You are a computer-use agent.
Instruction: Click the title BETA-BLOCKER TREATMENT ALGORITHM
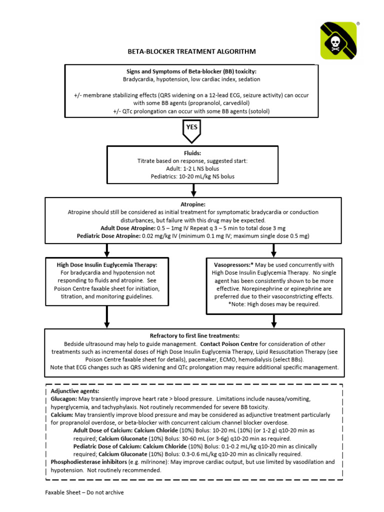[x=191, y=51]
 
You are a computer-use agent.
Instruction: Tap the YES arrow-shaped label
[x=192, y=128]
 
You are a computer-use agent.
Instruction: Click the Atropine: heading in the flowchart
[x=191, y=204]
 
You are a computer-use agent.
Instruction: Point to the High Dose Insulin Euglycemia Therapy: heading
[x=107, y=264]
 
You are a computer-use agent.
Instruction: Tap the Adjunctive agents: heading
[x=75, y=391]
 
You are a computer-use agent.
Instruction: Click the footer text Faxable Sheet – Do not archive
[x=84, y=492]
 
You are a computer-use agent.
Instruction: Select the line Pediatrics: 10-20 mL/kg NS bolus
[x=192, y=176]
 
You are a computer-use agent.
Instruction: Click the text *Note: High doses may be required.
[x=273, y=303]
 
